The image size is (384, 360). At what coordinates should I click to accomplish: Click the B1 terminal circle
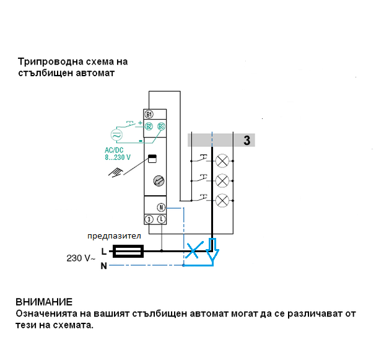(x=149, y=114)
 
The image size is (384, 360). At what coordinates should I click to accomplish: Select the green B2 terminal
(x=149, y=126)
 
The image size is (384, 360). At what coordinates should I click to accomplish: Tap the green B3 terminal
(x=161, y=126)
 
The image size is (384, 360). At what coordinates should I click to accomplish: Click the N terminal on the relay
(x=160, y=208)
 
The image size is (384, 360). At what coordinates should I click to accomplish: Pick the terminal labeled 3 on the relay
(x=149, y=219)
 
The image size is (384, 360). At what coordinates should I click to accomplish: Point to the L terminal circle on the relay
(x=161, y=219)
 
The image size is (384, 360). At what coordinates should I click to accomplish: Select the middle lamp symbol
(x=222, y=180)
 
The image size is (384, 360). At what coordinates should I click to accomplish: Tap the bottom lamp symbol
(x=222, y=200)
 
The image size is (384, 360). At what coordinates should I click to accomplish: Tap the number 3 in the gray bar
(x=247, y=140)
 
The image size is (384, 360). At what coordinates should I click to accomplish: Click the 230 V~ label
(x=81, y=257)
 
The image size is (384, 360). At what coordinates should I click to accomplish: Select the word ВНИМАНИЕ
(x=44, y=302)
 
